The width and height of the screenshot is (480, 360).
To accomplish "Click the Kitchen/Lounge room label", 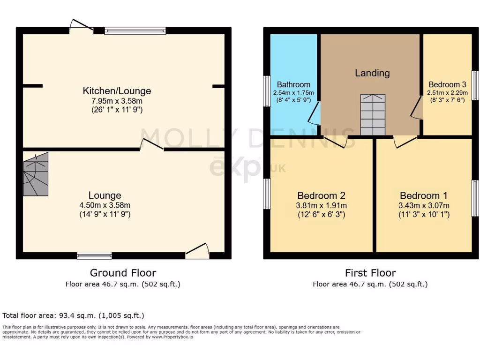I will click(x=117, y=91).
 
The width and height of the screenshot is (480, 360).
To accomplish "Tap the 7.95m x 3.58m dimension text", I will click(x=117, y=101).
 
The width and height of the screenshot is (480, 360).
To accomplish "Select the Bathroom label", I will click(x=293, y=85).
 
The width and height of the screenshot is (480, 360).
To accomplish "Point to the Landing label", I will click(x=372, y=73).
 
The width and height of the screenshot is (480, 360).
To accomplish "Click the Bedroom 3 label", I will click(x=447, y=85).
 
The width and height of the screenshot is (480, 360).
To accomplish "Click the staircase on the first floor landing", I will click(x=373, y=114).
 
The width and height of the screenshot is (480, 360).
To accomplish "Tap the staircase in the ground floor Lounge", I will click(x=36, y=174).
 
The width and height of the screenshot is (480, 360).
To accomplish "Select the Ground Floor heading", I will click(x=123, y=273).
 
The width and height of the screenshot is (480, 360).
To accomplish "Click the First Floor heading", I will click(x=370, y=273).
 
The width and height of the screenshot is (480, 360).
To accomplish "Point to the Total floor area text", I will click(x=73, y=315).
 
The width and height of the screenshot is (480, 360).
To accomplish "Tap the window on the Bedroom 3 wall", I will click(x=475, y=85).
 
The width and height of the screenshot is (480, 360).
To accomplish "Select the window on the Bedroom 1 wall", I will click(x=475, y=198).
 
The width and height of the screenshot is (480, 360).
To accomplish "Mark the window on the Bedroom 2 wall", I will click(x=266, y=194).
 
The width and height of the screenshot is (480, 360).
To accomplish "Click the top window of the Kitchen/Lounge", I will click(x=135, y=31).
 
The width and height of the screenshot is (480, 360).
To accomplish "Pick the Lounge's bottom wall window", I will click(x=95, y=255).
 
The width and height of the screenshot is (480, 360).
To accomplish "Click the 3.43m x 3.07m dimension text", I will click(x=423, y=205).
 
